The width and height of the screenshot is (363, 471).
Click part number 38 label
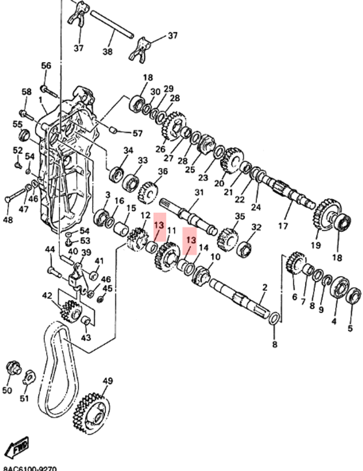tap(107, 51)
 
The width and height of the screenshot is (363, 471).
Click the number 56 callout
tap(46, 65)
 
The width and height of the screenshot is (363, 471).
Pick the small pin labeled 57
tap(113, 129)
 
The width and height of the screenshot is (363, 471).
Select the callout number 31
tap(199, 192)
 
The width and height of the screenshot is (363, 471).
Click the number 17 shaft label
tap(283, 226)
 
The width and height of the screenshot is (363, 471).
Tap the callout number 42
tap(47, 296)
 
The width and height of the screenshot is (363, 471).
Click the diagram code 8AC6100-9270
tap(29, 468)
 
